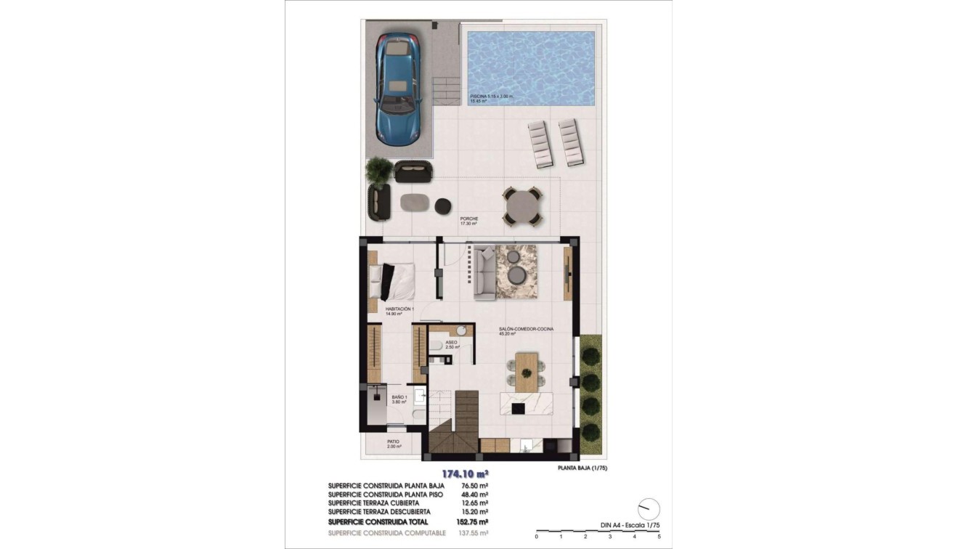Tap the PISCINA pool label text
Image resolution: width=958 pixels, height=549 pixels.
(x=491, y=96)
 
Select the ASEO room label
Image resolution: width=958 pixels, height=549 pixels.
(x=451, y=341)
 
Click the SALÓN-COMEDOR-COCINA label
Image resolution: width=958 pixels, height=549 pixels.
(x=526, y=329)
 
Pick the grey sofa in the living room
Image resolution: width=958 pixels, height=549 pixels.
(x=484, y=273)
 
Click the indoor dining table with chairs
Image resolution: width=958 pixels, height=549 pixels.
(x=527, y=370)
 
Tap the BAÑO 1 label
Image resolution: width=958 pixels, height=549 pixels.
(x=399, y=397)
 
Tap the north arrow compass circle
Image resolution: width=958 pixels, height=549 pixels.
(x=649, y=509)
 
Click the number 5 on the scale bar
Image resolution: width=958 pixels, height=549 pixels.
(x=659, y=537)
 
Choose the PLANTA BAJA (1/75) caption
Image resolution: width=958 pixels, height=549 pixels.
(x=582, y=468)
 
